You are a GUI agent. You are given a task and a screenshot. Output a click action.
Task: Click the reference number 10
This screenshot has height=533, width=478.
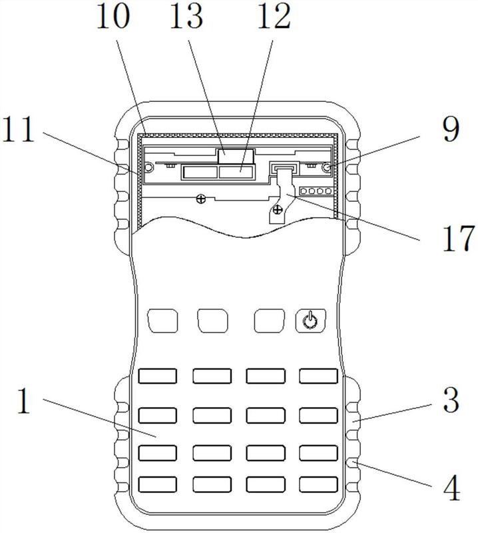coord(113,16)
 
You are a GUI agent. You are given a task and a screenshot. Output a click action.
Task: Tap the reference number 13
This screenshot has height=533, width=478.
coord(186,16)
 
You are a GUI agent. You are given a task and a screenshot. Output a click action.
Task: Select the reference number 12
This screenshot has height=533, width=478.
coord(274,16)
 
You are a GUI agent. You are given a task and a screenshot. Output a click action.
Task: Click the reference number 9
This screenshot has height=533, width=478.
coord(451,129)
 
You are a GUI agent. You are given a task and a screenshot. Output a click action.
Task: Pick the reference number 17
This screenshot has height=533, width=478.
coord(458,239)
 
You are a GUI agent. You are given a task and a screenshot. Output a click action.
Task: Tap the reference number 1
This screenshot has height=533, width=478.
coord(24,401)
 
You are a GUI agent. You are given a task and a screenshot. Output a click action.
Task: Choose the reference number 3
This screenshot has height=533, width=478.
coord(451,400)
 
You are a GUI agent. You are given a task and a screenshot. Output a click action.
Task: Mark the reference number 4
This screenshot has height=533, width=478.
coord(452,488)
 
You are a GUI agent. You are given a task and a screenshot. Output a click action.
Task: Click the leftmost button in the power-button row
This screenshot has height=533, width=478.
coord(163,320)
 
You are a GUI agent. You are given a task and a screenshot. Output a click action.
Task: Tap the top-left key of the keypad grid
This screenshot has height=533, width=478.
coord(158,376)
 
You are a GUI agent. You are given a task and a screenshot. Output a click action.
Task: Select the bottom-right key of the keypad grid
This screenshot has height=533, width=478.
coord(319,484)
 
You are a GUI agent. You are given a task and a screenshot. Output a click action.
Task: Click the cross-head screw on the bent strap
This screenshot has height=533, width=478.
coord(278,210)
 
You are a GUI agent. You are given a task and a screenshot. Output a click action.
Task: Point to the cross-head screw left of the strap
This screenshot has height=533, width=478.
coord(201,199)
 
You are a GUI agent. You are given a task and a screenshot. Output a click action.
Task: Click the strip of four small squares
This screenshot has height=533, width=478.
coord(316,191)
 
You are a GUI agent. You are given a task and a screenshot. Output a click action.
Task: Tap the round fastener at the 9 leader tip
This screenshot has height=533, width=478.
coord(327,167)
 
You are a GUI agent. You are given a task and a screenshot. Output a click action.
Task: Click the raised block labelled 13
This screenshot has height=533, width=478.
coord(236,157)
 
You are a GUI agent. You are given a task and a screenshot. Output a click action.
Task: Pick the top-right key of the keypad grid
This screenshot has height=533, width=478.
coord(319,376)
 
